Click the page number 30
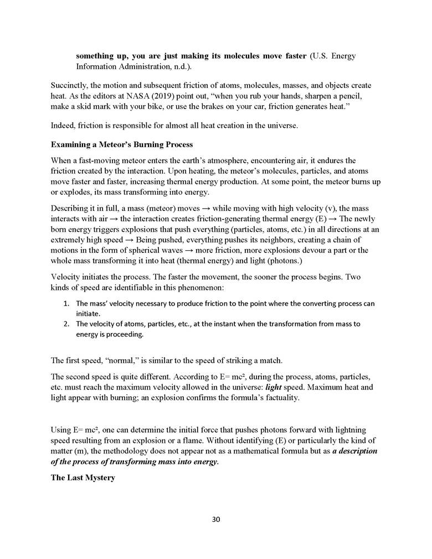(216, 519)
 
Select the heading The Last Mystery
(83, 477)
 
